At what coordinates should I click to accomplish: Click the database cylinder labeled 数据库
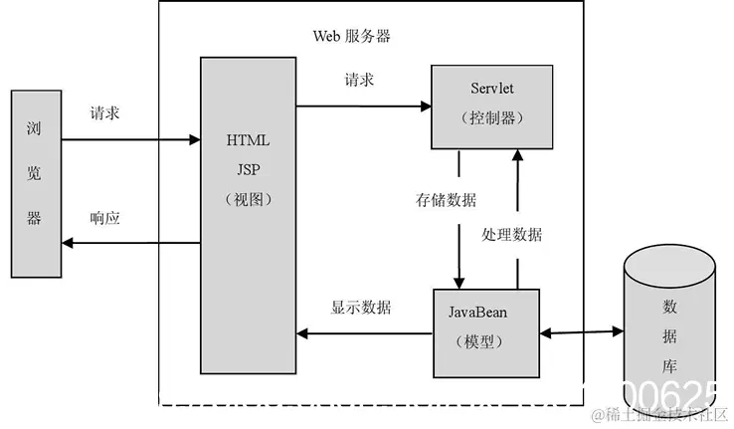(667, 327)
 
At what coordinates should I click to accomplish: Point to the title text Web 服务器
(352, 36)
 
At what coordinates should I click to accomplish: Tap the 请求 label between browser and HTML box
(105, 114)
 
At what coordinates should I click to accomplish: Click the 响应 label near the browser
(105, 217)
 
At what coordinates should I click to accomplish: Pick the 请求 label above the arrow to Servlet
(359, 81)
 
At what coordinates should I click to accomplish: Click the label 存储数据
(446, 200)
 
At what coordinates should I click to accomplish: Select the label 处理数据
(512, 235)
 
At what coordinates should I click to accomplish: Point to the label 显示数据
(361, 308)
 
